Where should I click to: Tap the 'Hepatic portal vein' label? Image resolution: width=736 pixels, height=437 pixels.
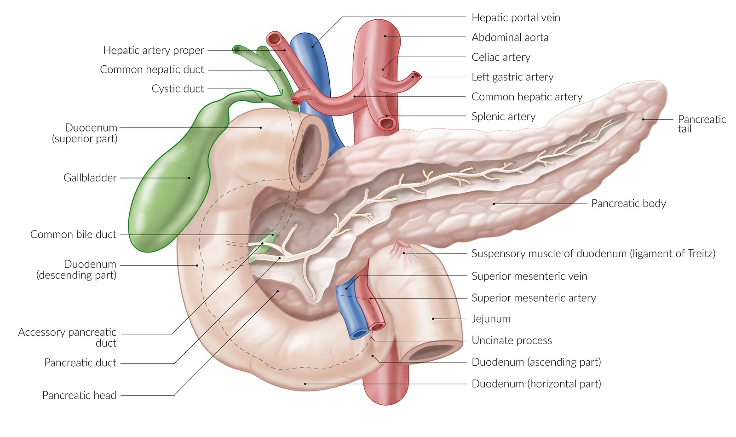[x=516, y=18]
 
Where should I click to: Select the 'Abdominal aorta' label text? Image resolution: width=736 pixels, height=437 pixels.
[x=510, y=38]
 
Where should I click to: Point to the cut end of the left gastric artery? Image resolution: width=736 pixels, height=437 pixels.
[x=416, y=75]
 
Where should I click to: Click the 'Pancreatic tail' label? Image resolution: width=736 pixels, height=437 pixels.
[x=701, y=124]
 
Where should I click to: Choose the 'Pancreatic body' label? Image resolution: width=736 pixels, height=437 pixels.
[x=628, y=203]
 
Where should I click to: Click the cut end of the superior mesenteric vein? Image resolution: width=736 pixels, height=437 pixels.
[x=358, y=333]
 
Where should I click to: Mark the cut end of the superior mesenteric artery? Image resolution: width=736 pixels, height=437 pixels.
[x=378, y=326]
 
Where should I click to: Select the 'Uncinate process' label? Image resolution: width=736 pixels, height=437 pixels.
[x=512, y=340]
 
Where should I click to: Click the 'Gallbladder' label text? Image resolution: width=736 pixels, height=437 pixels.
[x=90, y=178]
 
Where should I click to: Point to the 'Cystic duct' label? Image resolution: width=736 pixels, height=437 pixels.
[x=178, y=89]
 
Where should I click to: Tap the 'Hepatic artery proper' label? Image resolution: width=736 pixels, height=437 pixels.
[x=153, y=50]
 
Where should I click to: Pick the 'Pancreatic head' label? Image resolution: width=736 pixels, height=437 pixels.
[x=79, y=395]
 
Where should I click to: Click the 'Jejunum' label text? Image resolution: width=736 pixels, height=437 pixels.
[x=491, y=319]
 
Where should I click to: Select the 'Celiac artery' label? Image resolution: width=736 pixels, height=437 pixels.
[x=501, y=57]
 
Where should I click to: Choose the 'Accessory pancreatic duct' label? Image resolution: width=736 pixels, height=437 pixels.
[x=67, y=338]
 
